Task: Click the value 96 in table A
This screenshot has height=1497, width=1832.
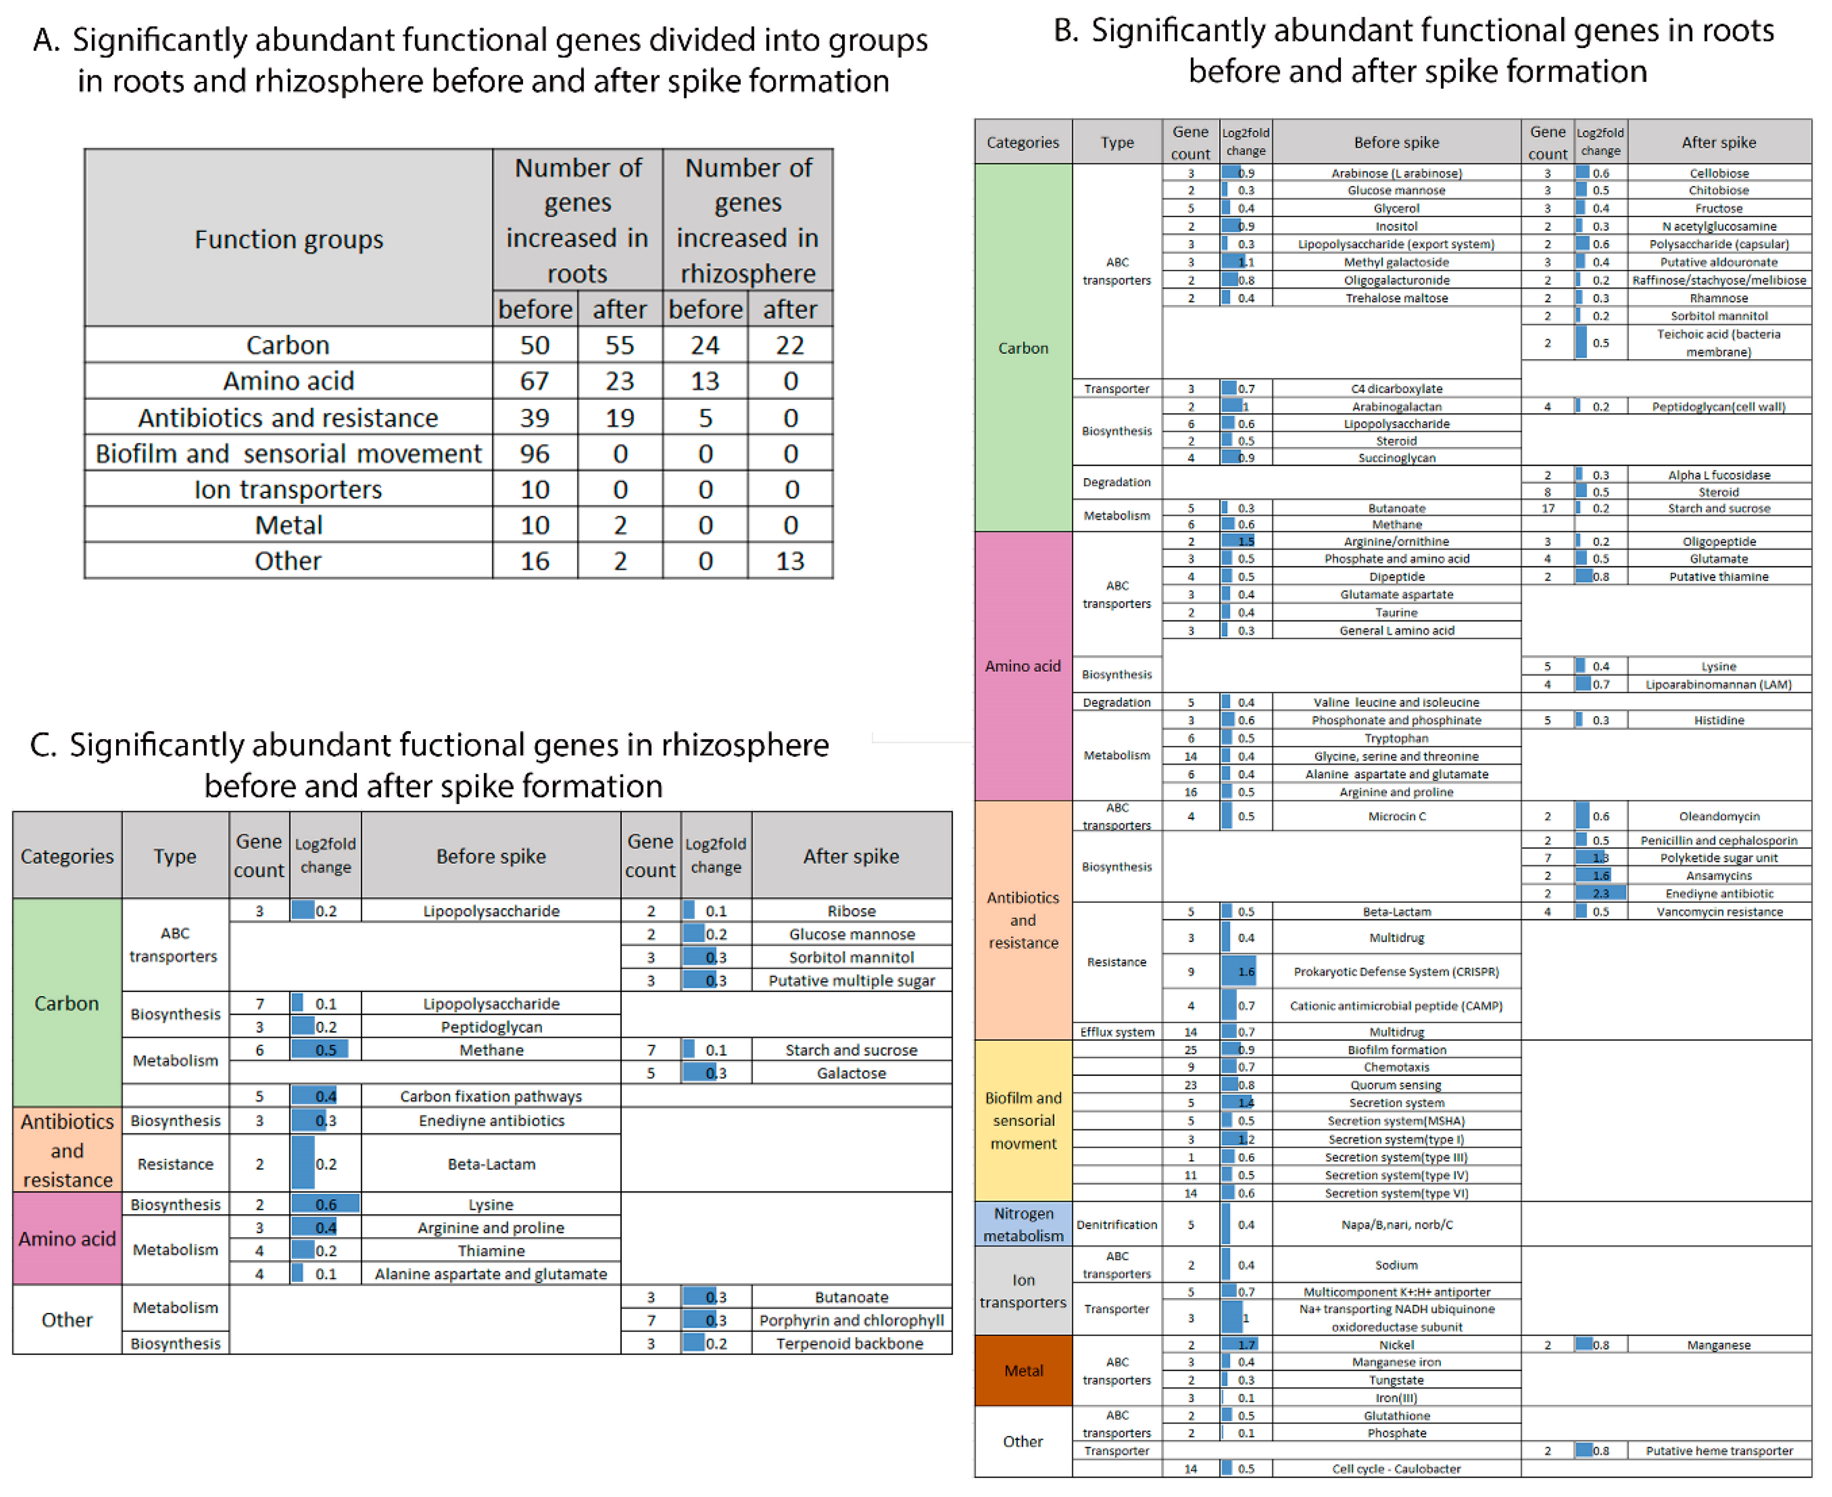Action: pyautogui.click(x=535, y=453)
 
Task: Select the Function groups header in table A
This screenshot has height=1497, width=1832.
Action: pyautogui.click(x=288, y=239)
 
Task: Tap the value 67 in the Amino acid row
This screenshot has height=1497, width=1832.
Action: pyautogui.click(x=535, y=381)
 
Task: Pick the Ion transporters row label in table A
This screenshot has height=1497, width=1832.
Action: pyautogui.click(x=288, y=490)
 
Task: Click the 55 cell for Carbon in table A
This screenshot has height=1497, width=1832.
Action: pyautogui.click(x=619, y=345)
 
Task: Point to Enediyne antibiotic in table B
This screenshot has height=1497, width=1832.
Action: pyautogui.click(x=1718, y=893)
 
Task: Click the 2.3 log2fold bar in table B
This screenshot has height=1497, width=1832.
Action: pyautogui.click(x=1600, y=893)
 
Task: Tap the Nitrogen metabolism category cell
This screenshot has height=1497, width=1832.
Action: pyautogui.click(x=1023, y=1225)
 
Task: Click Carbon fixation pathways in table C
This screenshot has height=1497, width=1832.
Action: pyautogui.click(x=491, y=1097)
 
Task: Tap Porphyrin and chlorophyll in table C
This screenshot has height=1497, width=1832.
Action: pyautogui.click(x=851, y=1320)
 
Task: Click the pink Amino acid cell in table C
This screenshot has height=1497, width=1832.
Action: pyautogui.click(x=67, y=1239)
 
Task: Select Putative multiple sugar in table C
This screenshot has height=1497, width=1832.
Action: pyautogui.click(x=851, y=981)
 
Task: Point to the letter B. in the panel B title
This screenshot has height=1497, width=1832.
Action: pyautogui.click(x=1066, y=32)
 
